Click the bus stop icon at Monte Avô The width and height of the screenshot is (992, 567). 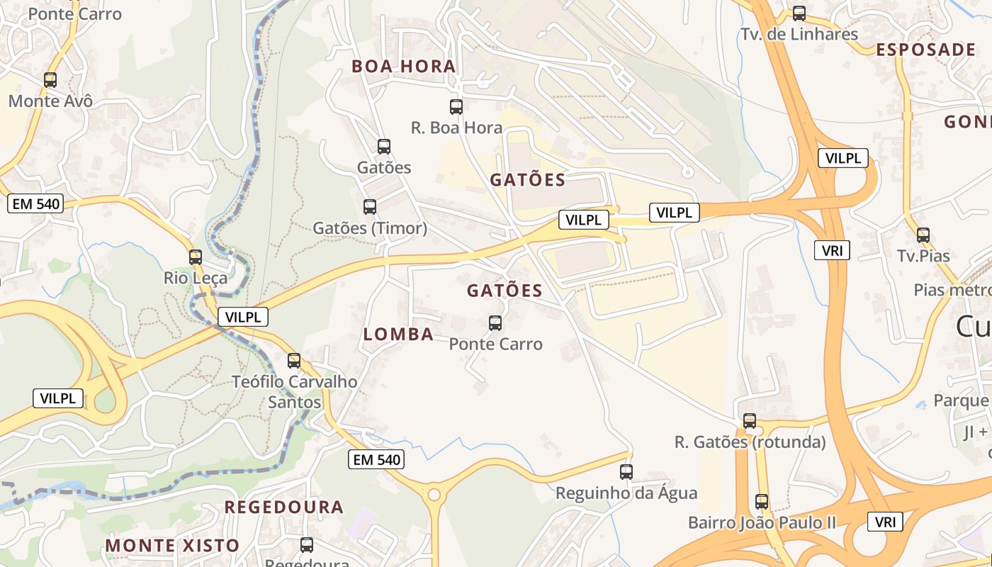50,80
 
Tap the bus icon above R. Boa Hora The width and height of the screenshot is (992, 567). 456,107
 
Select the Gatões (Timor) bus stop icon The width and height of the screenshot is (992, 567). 369,207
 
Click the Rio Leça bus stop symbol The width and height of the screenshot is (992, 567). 196,257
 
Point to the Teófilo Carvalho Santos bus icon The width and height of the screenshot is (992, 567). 294,361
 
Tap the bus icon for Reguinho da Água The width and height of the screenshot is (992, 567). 626,472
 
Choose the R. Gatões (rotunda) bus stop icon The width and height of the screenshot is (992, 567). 750,421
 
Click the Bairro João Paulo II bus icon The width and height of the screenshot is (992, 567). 762,502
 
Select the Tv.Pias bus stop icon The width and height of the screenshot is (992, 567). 923,235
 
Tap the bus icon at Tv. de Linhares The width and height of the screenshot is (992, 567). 799,13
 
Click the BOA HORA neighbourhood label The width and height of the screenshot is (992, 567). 404,67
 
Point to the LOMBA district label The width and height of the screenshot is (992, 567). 398,335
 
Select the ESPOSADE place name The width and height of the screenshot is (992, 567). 926,50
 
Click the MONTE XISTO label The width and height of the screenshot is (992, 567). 173,546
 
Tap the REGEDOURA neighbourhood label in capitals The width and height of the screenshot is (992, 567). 284,507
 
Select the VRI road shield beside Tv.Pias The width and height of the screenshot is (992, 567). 831,250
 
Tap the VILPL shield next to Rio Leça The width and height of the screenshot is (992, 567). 243,317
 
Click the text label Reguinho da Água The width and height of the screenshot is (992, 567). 626,493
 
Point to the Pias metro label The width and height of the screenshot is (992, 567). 952,290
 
